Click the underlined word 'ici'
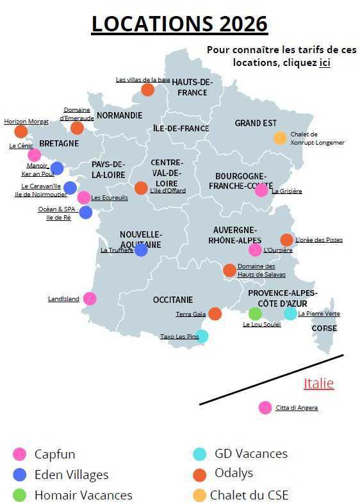tap(325, 63)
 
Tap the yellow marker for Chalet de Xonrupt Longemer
tap(280, 138)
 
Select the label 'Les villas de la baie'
tap(143, 80)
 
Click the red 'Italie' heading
tap(318, 384)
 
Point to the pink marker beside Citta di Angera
tap(265, 407)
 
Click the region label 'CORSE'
tap(324, 329)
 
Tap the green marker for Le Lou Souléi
tap(255, 314)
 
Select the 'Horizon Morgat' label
tap(26, 122)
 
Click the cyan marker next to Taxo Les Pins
tap(202, 336)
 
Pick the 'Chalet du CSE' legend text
tap(249, 495)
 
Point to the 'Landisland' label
tap(63, 299)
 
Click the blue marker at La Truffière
tap(141, 250)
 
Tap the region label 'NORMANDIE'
tap(119, 116)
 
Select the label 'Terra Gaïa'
tap(191, 314)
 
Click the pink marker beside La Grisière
tap(261, 190)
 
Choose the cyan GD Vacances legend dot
tap(200, 454)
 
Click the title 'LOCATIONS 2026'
tap(179, 24)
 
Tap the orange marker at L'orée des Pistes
tap(286, 240)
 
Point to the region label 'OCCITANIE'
tap(173, 300)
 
